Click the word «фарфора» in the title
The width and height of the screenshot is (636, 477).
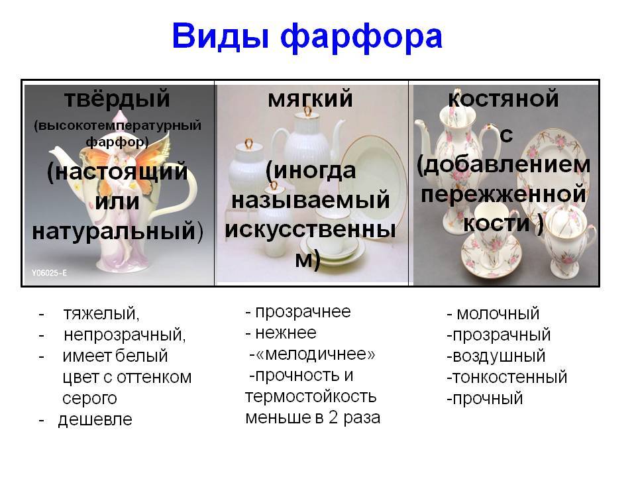click(x=361, y=38)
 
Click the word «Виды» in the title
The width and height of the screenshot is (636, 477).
click(x=221, y=36)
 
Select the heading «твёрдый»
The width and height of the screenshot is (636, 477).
click(x=117, y=99)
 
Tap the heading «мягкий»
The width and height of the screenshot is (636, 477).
click(x=310, y=99)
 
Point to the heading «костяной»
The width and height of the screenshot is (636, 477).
click(x=503, y=99)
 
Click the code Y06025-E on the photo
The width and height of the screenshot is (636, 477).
click(x=49, y=272)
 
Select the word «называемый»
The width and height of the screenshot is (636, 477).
click(x=310, y=200)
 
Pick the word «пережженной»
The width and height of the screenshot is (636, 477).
click(x=503, y=194)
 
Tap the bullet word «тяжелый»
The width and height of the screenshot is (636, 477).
click(x=101, y=314)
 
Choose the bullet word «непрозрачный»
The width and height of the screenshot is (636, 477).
click(x=125, y=335)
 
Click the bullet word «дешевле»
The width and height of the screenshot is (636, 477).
click(x=95, y=420)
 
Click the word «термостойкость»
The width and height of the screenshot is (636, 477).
click(x=311, y=396)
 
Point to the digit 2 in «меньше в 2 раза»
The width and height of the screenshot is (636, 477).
click(x=333, y=417)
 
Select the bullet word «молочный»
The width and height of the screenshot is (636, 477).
click(x=498, y=314)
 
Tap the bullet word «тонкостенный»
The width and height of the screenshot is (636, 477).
click(x=509, y=377)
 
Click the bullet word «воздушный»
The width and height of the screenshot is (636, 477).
click(x=499, y=356)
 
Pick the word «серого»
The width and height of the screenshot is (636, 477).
click(x=89, y=398)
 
